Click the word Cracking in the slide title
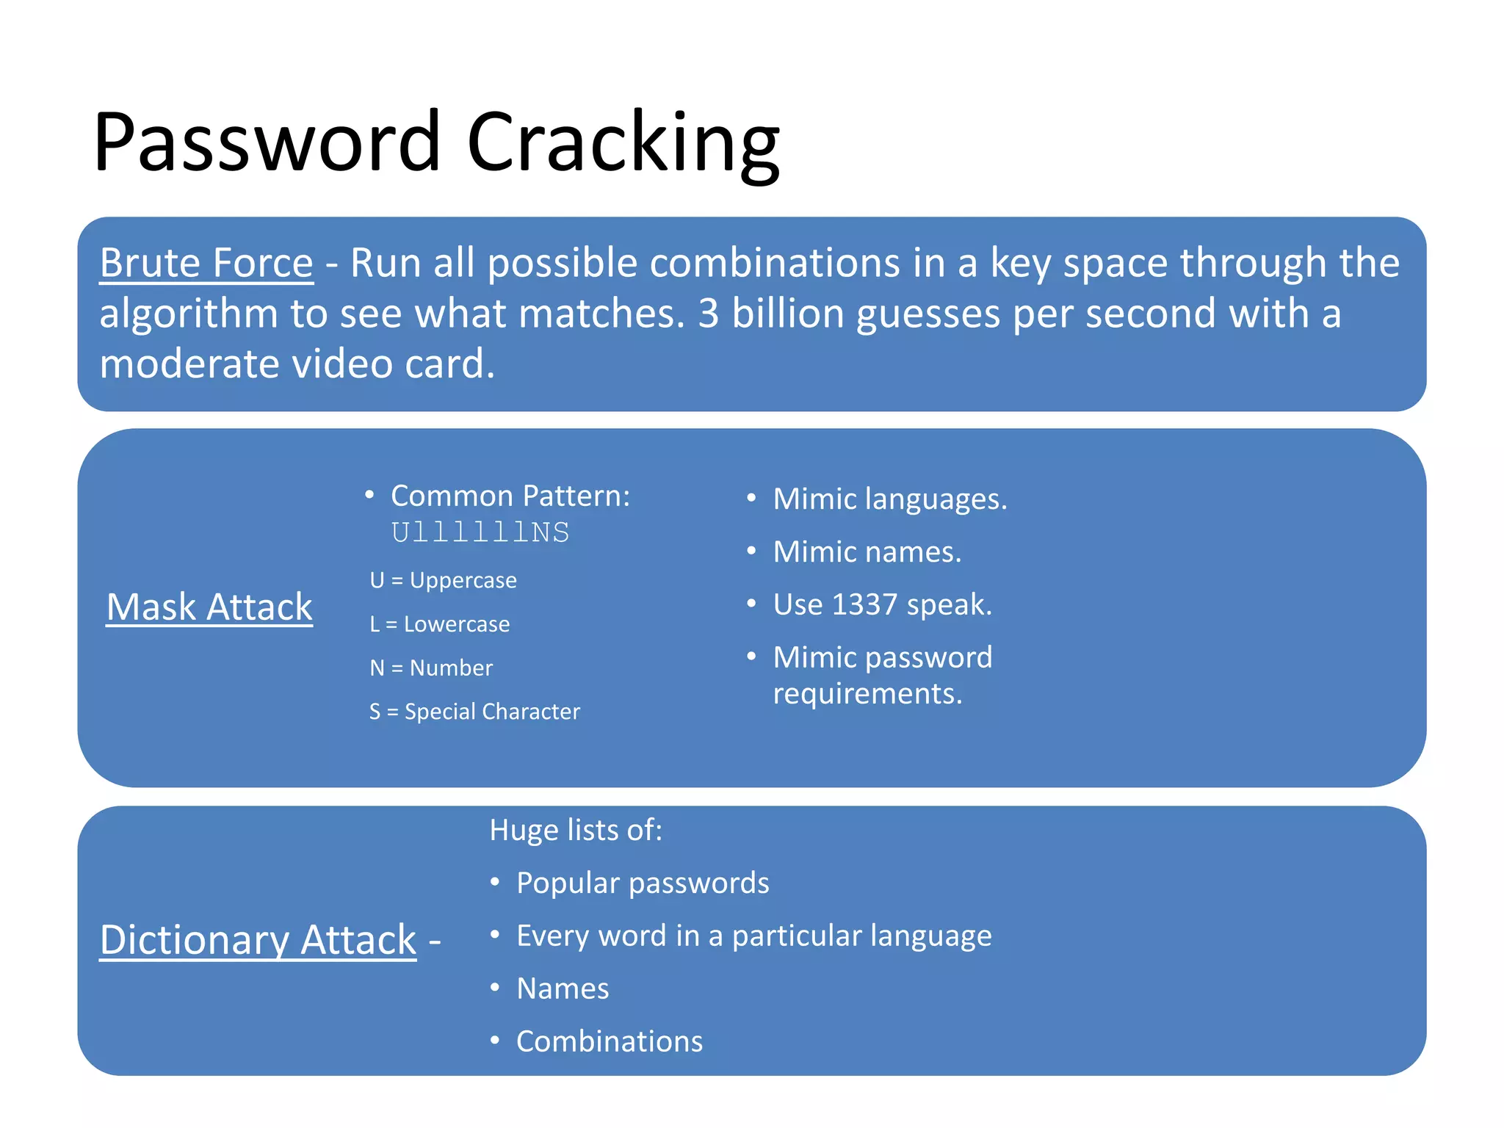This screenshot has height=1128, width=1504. click(x=623, y=142)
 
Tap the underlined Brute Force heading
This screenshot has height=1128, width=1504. click(x=206, y=263)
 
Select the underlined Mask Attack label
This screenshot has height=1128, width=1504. click(x=209, y=607)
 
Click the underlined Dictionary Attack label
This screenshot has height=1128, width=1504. click(x=258, y=940)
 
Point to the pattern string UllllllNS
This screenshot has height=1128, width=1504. click(x=480, y=532)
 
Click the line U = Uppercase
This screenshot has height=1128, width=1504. click(x=443, y=580)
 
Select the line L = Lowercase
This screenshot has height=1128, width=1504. click(x=439, y=624)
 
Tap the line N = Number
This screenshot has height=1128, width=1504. click(x=431, y=668)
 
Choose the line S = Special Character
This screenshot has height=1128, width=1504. click(x=474, y=712)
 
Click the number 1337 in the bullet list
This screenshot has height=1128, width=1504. click(x=864, y=604)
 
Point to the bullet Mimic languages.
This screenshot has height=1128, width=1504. click(x=889, y=499)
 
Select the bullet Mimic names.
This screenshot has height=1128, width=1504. click(x=867, y=552)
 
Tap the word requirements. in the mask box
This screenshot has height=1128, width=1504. click(x=867, y=694)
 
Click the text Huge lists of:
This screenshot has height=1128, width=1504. click(x=576, y=830)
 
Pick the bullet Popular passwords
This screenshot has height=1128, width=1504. click(x=643, y=883)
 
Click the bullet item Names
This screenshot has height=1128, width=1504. click(x=563, y=988)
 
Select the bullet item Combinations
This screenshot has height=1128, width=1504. click(x=610, y=1041)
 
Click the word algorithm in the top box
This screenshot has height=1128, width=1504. click(x=188, y=314)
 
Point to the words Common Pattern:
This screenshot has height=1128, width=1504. click(x=510, y=496)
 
